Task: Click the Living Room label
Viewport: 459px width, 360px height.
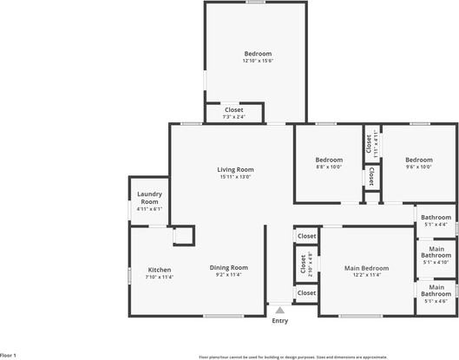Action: click(x=234, y=169)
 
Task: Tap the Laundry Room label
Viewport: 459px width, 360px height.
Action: click(x=149, y=198)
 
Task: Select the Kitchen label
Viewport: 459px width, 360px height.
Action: click(x=159, y=270)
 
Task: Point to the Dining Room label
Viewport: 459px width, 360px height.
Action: click(x=228, y=267)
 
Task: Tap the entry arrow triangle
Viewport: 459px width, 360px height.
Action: click(x=279, y=308)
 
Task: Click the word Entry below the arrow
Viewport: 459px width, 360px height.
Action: click(x=279, y=321)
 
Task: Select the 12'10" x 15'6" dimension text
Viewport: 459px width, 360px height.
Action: click(x=257, y=61)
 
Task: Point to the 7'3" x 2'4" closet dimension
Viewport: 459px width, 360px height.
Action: click(x=234, y=117)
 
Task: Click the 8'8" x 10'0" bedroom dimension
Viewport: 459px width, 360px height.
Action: click(x=329, y=167)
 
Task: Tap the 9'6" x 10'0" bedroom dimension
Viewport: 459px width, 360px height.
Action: click(x=418, y=167)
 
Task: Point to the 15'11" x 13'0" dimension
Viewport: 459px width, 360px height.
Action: click(x=234, y=177)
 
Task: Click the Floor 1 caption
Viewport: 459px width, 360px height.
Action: click(x=9, y=355)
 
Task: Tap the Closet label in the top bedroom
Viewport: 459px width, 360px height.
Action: click(x=234, y=110)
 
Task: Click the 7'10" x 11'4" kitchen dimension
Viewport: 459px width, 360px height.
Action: click(x=159, y=278)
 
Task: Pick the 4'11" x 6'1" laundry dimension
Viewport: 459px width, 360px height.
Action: click(x=149, y=209)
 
